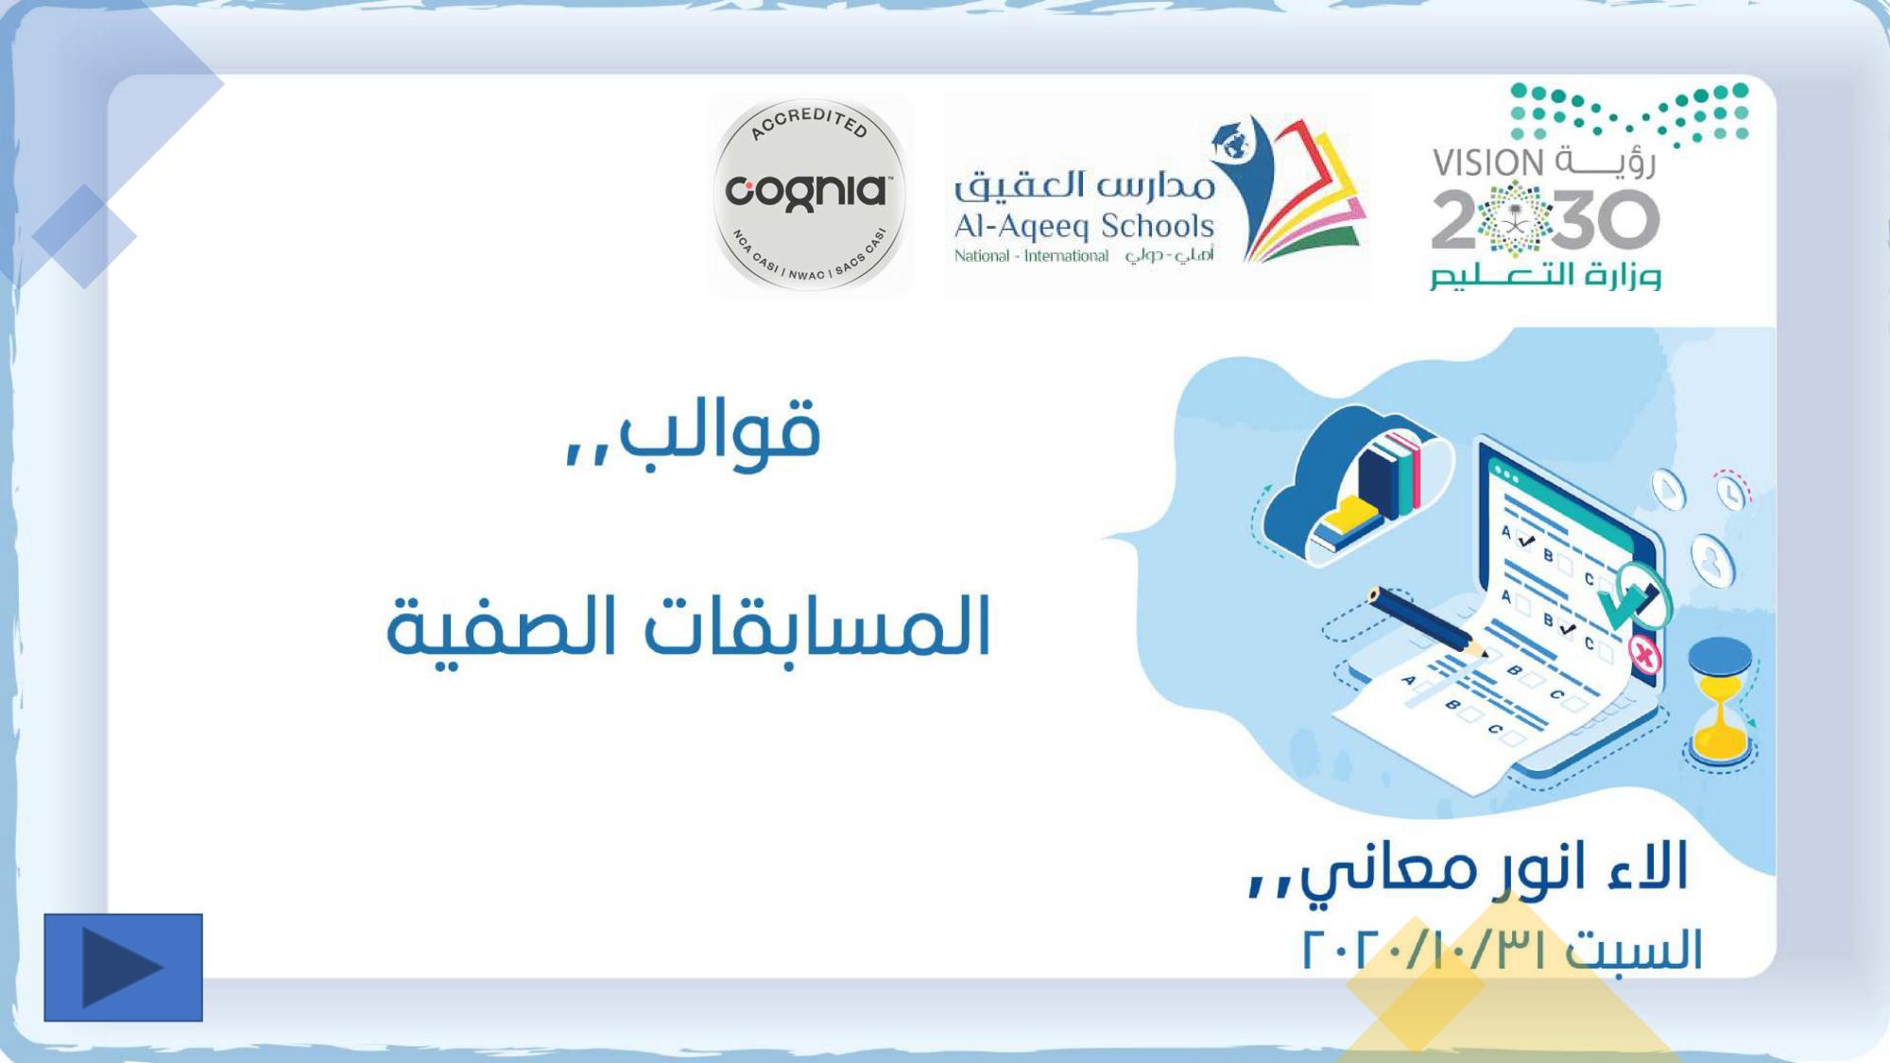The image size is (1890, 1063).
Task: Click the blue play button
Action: coord(123,967)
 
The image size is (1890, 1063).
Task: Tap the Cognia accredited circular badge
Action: coord(810,195)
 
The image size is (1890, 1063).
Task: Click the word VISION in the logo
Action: coord(1488,163)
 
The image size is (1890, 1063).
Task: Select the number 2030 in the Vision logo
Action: coord(1545,219)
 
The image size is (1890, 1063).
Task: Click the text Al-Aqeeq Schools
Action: coord(1084,226)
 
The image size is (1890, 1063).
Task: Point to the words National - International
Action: coord(1031,256)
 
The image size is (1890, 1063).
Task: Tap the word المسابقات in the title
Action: coord(816,626)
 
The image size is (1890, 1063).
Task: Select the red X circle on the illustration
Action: coord(1644,654)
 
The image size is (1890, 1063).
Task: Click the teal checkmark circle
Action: coord(1634,595)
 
